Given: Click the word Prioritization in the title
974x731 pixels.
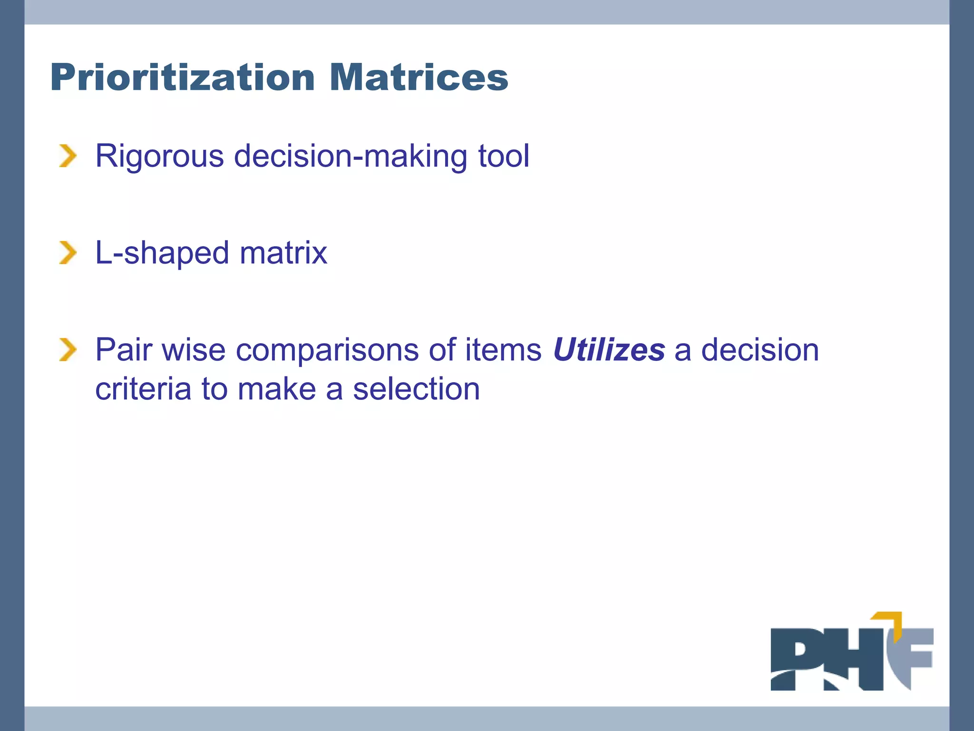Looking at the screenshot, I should pos(182,77).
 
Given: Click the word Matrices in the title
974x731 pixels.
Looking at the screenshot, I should pos(419,77).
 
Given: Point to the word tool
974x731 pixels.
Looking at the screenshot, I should pos(503,156).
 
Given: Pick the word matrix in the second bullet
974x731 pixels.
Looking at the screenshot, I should pos(283,253).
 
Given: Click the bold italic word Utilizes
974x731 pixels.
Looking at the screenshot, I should pos(609,350).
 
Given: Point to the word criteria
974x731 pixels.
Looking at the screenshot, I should pos(143,389).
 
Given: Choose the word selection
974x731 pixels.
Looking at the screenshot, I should pos(416,389).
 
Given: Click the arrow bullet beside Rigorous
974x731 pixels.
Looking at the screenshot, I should pos(68,156).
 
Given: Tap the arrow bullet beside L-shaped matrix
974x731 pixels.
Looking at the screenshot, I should pos(68,253).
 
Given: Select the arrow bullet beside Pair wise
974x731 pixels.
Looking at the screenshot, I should pos(68,350).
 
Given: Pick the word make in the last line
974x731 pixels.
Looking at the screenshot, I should pos(276,389).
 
